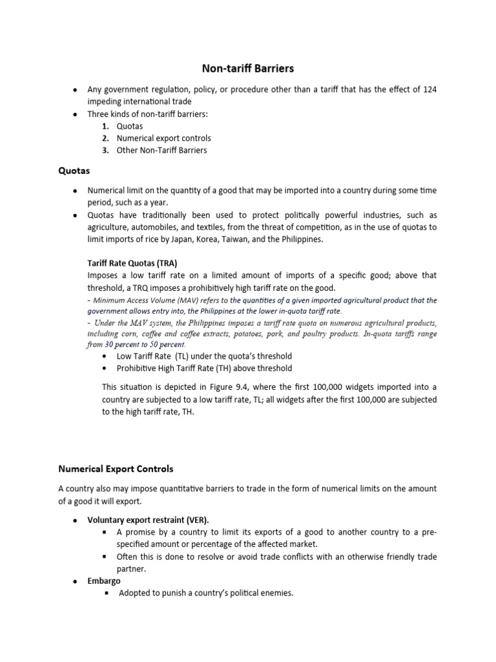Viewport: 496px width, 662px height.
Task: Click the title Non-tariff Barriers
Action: pyautogui.click(x=248, y=68)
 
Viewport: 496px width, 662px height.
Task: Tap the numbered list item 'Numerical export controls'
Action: pyautogui.click(x=163, y=138)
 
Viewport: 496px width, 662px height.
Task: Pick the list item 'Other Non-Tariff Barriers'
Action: pyautogui.click(x=161, y=151)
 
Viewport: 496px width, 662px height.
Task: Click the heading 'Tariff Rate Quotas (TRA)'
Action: pyautogui.click(x=132, y=263)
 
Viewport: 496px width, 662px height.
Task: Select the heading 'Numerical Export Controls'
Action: pyautogui.click(x=116, y=468)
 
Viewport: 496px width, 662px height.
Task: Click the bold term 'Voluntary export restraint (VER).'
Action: pyautogui.click(x=148, y=520)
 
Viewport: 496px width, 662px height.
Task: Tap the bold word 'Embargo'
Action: pyautogui.click(x=104, y=581)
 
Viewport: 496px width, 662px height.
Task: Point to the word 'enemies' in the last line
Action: pyautogui.click(x=278, y=593)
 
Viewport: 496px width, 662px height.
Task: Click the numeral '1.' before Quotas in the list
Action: pyautogui.click(x=105, y=126)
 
